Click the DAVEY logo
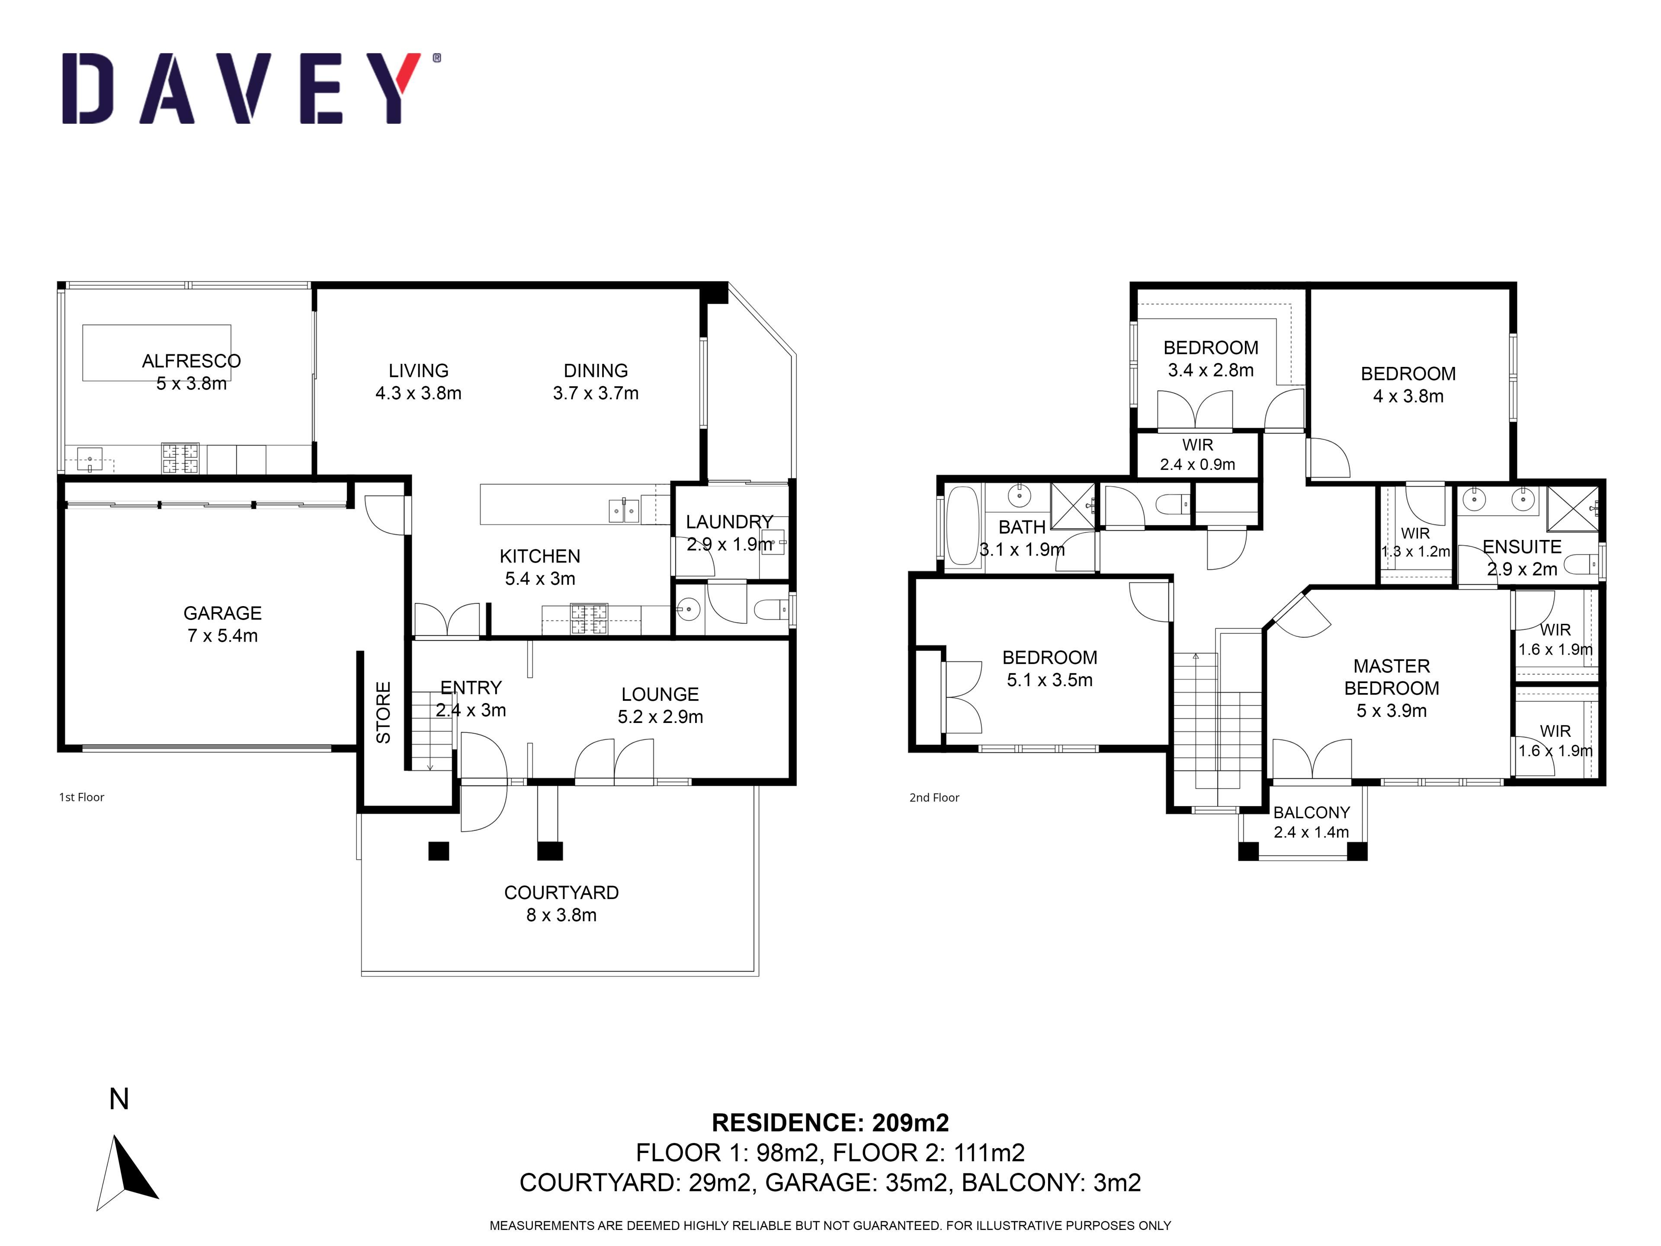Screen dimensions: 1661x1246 point(251,88)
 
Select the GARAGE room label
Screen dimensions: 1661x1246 point(223,613)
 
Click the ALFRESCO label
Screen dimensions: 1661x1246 point(192,361)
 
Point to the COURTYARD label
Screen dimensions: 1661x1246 point(562,892)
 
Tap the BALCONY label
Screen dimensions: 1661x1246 point(1312,812)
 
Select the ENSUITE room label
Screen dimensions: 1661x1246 point(1522,547)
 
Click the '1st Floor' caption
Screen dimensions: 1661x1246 point(82,797)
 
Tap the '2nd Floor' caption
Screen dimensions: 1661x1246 point(934,798)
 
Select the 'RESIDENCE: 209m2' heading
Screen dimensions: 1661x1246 point(830,1122)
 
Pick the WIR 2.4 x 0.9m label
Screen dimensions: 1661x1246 point(1198,454)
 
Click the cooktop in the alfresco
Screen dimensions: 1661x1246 point(180,458)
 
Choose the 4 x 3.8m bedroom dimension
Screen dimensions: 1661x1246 point(1409,396)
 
